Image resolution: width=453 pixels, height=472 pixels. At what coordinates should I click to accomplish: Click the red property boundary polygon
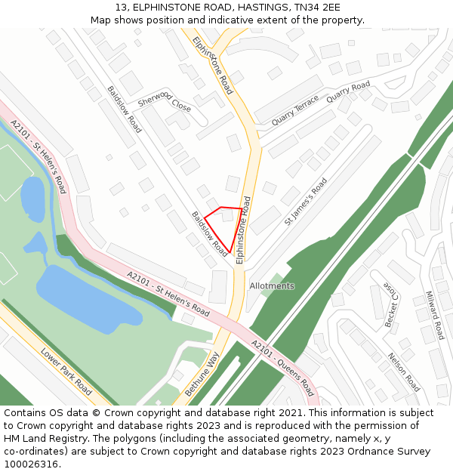226,225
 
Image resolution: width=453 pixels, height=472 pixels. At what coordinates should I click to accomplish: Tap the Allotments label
272,286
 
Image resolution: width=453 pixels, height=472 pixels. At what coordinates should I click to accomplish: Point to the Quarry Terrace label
295,112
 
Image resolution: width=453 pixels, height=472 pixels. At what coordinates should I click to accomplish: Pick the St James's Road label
306,202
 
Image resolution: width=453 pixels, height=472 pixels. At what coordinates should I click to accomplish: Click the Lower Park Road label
66,372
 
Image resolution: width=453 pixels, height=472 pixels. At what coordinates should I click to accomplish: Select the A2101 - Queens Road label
282,368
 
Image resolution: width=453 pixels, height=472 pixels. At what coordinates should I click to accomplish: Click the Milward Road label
435,315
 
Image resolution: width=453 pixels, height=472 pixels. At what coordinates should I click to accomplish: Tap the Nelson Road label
403,372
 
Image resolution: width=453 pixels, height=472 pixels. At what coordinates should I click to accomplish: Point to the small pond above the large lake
32,199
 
